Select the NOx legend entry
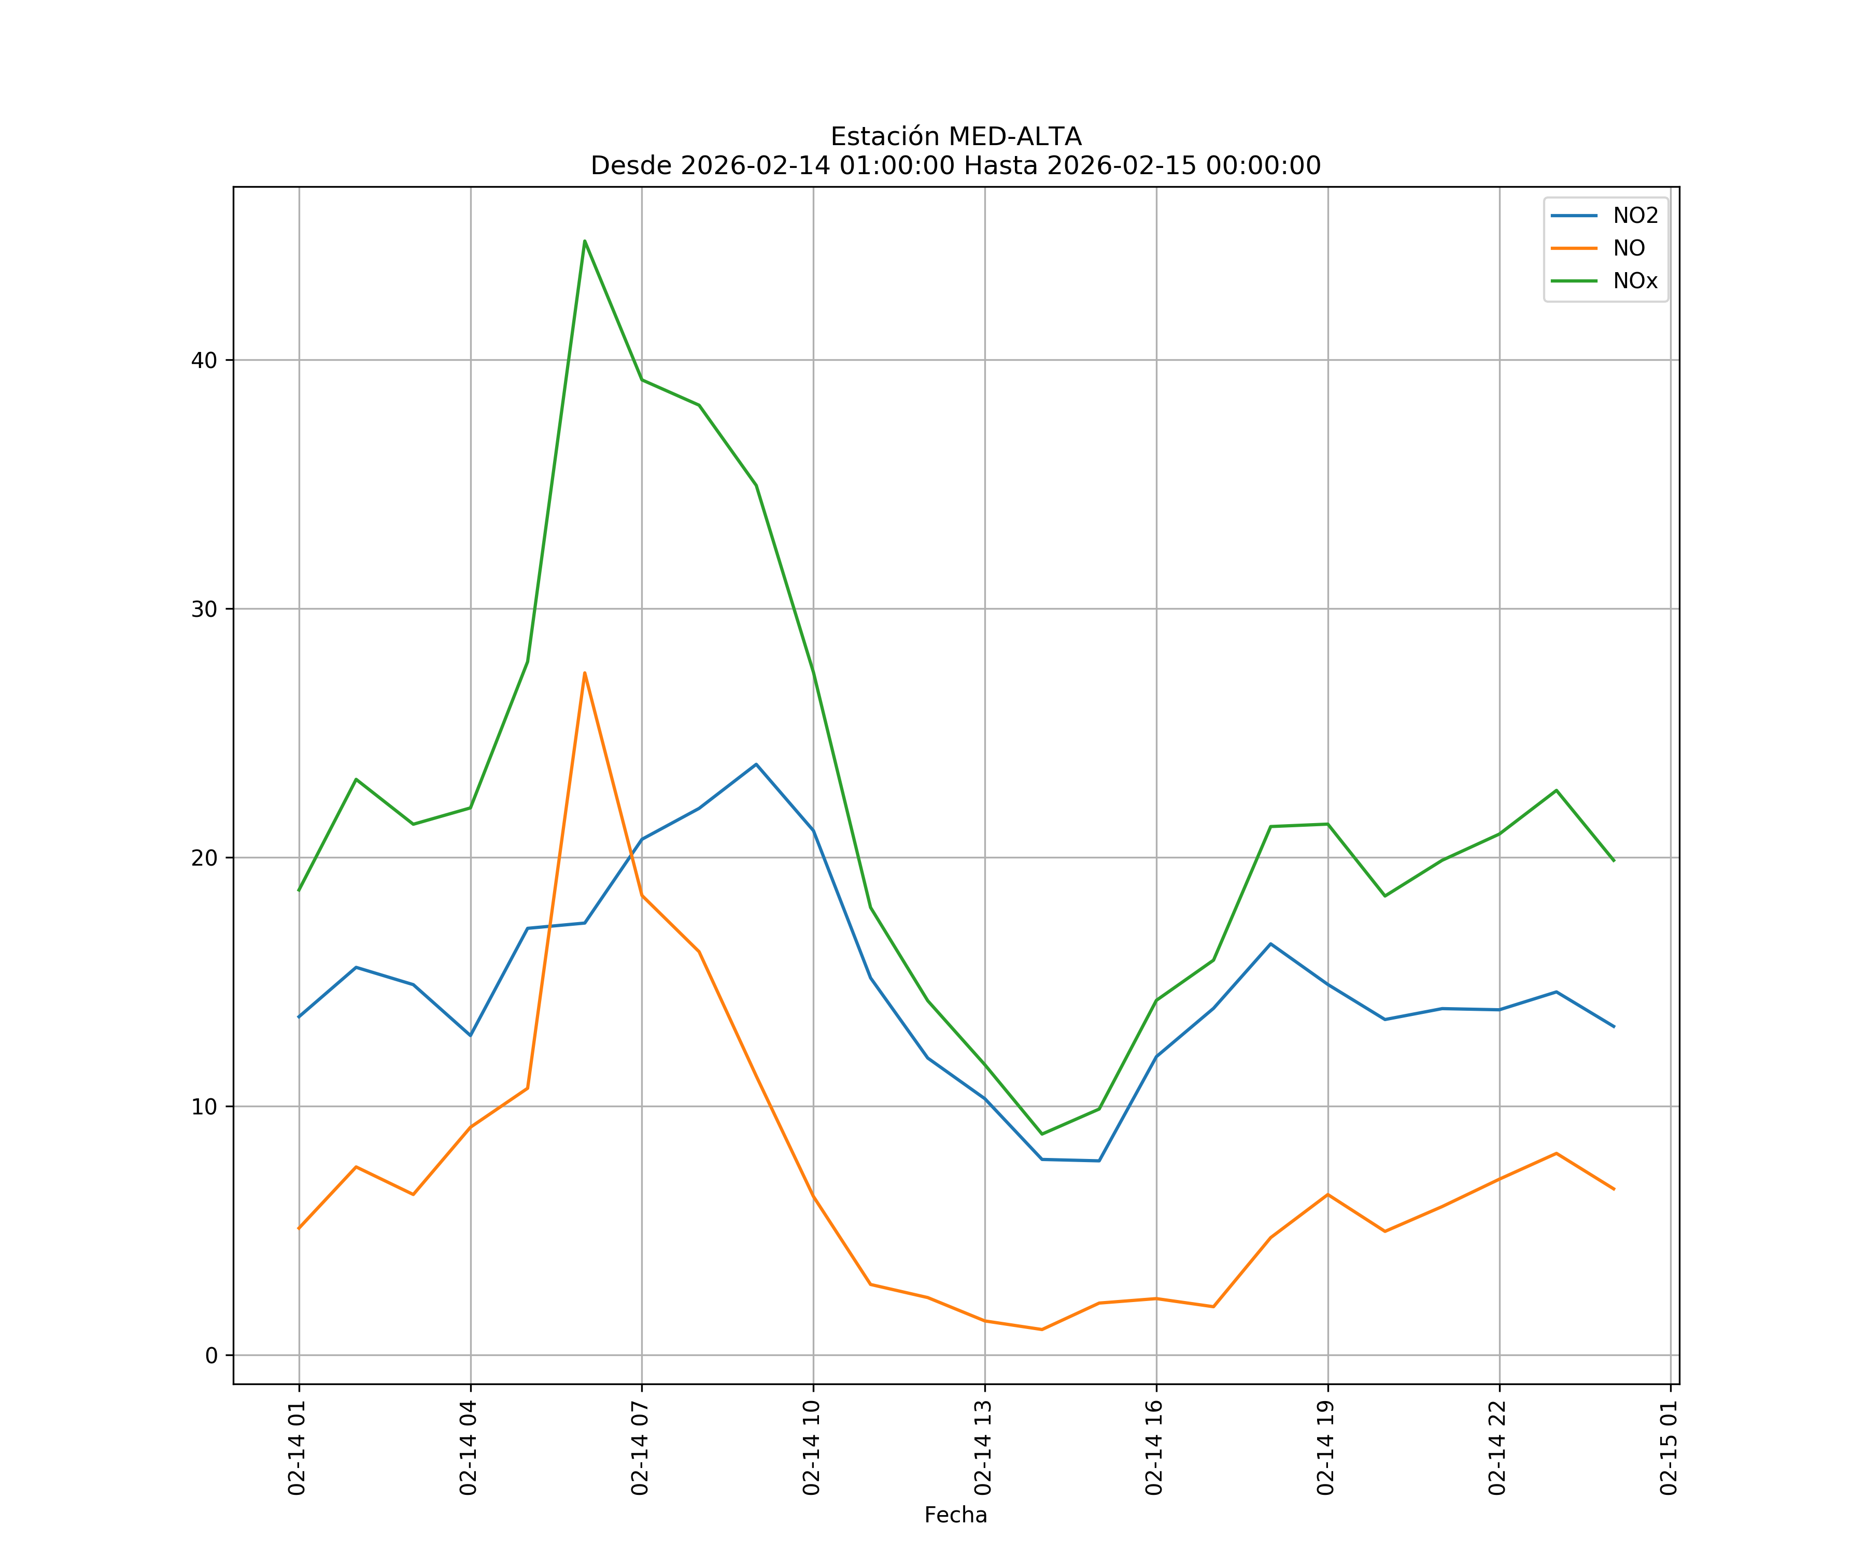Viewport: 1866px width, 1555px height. [x=1635, y=281]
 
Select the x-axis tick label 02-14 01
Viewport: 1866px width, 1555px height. [x=298, y=1448]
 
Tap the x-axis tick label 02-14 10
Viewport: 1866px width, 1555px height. [x=812, y=1448]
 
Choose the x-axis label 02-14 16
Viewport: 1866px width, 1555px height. [x=1155, y=1448]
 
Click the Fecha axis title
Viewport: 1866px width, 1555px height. [x=955, y=1515]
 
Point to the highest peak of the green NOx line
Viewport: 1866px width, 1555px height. [x=585, y=241]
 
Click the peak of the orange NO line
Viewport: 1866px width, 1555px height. [x=585, y=673]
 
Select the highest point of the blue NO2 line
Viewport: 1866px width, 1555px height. [x=756, y=764]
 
